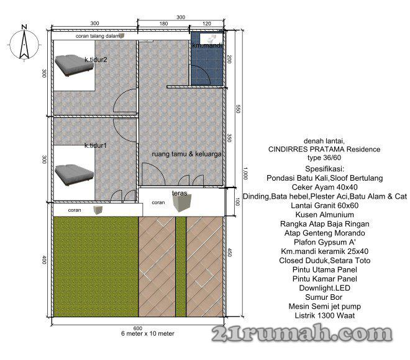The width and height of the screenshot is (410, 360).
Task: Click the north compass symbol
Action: [24, 43]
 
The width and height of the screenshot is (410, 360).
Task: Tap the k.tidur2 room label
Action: [96, 60]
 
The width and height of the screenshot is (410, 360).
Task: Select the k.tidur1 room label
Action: [96, 145]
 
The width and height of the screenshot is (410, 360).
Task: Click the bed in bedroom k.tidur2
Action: [74, 65]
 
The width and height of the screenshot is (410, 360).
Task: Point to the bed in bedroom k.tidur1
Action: [74, 175]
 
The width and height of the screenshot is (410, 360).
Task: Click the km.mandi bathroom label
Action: [207, 45]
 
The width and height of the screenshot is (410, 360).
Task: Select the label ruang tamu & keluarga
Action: [187, 154]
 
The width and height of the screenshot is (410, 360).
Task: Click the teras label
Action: [180, 193]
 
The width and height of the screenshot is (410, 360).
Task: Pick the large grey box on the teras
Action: [182, 203]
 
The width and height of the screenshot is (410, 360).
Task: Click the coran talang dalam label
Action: [98, 36]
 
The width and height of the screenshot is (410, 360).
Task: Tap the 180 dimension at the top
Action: [163, 24]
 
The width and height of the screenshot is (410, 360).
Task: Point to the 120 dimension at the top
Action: [207, 24]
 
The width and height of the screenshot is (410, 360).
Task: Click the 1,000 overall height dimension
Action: [245, 173]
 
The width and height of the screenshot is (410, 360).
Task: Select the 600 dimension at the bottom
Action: [138, 328]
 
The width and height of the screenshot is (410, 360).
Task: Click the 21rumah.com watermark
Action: [302, 333]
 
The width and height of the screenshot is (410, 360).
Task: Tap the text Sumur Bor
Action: [324, 297]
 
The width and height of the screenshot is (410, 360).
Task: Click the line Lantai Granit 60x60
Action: [324, 205]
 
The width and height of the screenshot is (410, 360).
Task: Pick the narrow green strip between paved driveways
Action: [181, 266]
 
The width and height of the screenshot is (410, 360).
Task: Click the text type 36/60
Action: [324, 158]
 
